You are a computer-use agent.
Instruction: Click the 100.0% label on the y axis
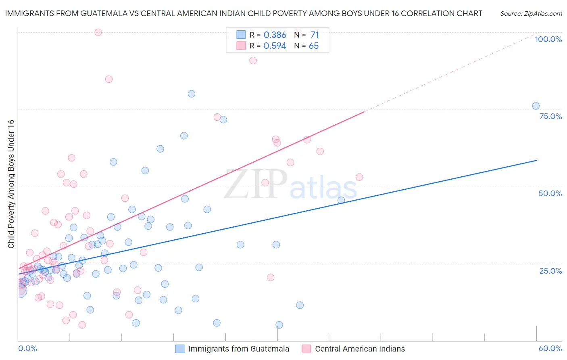(548, 39)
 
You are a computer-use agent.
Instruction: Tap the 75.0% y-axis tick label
(550, 116)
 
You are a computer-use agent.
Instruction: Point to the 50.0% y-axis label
(550, 193)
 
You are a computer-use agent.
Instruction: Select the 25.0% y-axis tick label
(550, 271)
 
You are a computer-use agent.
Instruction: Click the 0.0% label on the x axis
(27, 348)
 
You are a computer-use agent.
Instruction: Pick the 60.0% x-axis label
(550, 348)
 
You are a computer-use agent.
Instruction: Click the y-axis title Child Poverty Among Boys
(11, 184)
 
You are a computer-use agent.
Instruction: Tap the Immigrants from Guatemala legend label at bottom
(238, 349)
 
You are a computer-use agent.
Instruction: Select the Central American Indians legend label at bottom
(360, 349)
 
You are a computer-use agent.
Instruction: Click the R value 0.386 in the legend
(275, 35)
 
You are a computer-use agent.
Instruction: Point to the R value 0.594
(275, 46)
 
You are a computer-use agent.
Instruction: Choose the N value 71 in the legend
(315, 35)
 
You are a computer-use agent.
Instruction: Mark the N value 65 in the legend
(314, 46)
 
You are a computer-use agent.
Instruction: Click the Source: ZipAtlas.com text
(531, 14)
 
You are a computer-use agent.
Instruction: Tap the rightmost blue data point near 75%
(536, 106)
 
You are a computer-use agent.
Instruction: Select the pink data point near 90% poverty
(253, 61)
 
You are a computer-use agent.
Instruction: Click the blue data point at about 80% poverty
(192, 94)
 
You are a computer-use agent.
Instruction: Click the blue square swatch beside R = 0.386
(241, 35)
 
